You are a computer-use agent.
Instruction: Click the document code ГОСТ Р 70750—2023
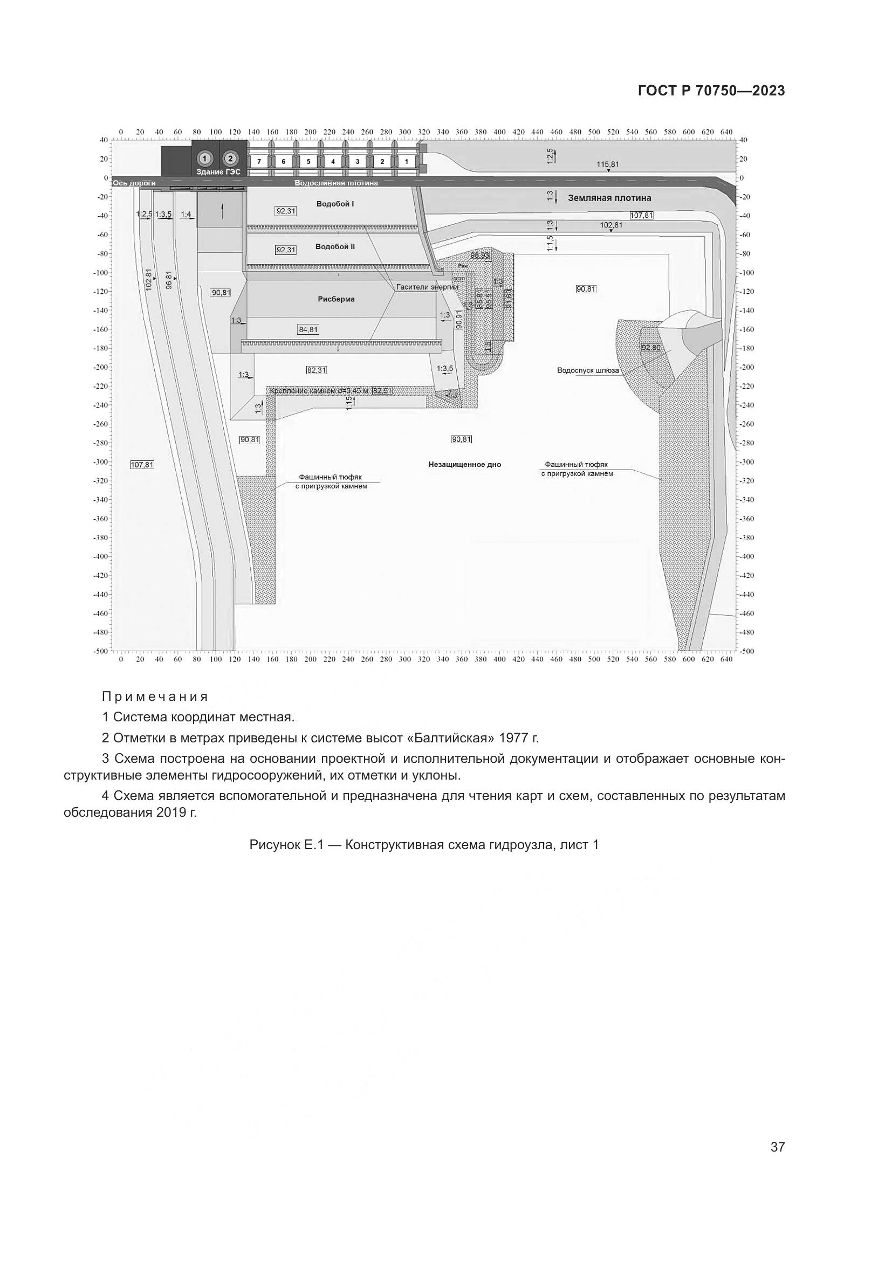pyautogui.click(x=711, y=91)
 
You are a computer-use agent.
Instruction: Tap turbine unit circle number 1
pyautogui.click(x=204, y=159)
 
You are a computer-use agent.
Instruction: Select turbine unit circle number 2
pyautogui.click(x=230, y=159)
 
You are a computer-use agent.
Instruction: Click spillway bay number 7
pyautogui.click(x=259, y=162)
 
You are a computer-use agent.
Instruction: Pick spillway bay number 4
pyautogui.click(x=333, y=162)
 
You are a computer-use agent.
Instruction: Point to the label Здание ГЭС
pyautogui.click(x=218, y=172)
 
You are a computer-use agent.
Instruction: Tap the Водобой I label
pyautogui.click(x=335, y=204)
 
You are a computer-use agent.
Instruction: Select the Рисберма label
pyautogui.click(x=336, y=299)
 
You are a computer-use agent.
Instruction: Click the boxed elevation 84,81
pyautogui.click(x=308, y=329)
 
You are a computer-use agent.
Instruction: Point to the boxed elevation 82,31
pyautogui.click(x=317, y=370)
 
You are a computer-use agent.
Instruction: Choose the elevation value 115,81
pyautogui.click(x=607, y=164)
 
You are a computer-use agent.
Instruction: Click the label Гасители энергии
pyautogui.click(x=427, y=287)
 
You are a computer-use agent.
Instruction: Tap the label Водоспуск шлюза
pyautogui.click(x=588, y=370)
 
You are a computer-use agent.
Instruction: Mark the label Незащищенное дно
pyautogui.click(x=465, y=465)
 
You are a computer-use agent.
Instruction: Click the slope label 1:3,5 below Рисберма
pyautogui.click(x=445, y=369)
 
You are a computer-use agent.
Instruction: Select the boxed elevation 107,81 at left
pyautogui.click(x=142, y=465)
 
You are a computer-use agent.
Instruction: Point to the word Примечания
pyautogui.click(x=155, y=697)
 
